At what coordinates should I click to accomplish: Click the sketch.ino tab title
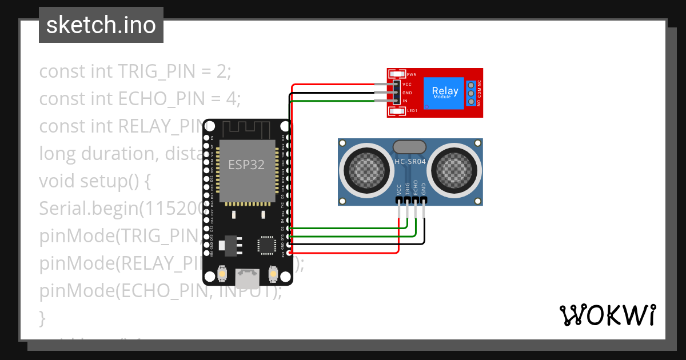101,25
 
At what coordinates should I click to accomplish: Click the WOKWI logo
607,315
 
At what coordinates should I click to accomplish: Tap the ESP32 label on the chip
246,165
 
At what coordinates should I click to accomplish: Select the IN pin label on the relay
405,101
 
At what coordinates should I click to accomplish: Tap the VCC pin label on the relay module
407,84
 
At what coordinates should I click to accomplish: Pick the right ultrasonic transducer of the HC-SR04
456,169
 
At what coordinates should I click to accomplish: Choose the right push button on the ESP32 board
273,275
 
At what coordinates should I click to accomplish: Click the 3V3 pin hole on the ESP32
289,253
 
